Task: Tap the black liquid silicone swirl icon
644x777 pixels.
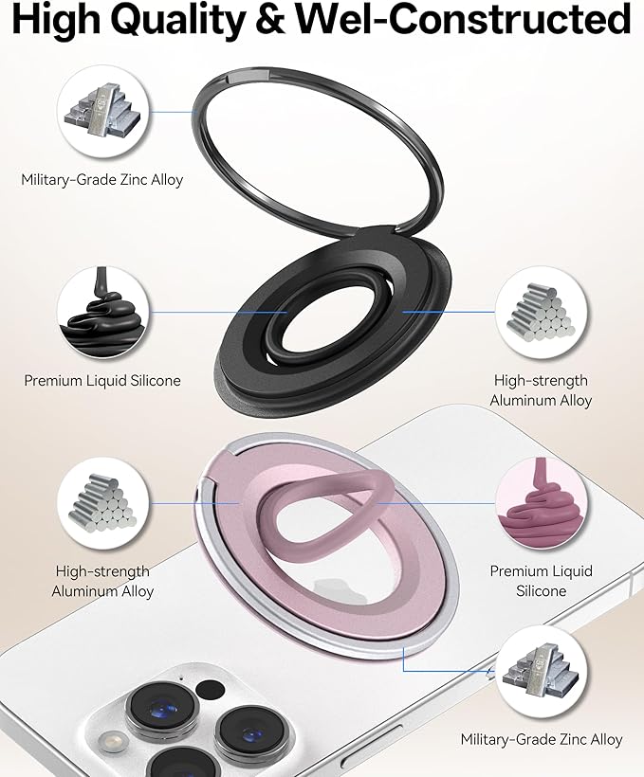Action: pyautogui.click(x=102, y=312)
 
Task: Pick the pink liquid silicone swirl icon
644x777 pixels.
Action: pyautogui.click(x=541, y=503)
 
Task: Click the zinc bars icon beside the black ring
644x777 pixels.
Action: pyautogui.click(x=102, y=112)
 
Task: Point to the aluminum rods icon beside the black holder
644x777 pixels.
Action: pyautogui.click(x=541, y=311)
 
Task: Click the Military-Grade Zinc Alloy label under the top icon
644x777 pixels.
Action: pyautogui.click(x=102, y=179)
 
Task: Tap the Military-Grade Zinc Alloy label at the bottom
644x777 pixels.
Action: pyautogui.click(x=542, y=740)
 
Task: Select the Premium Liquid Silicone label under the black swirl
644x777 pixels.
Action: pyautogui.click(x=102, y=381)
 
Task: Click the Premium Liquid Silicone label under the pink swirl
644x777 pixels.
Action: pyautogui.click(x=542, y=581)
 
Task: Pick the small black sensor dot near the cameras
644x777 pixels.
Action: pyautogui.click(x=209, y=690)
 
